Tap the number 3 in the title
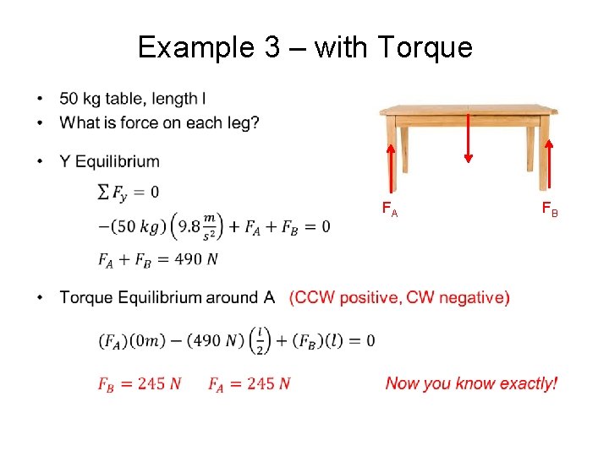point(270,47)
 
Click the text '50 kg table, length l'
point(133,100)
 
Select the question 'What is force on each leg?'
point(160,123)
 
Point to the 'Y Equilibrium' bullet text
point(110,161)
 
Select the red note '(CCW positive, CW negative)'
point(399,297)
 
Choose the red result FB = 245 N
point(140,384)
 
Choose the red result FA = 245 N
point(250,384)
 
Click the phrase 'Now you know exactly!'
point(471,384)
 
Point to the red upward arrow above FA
point(391,169)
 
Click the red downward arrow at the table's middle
point(469,135)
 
